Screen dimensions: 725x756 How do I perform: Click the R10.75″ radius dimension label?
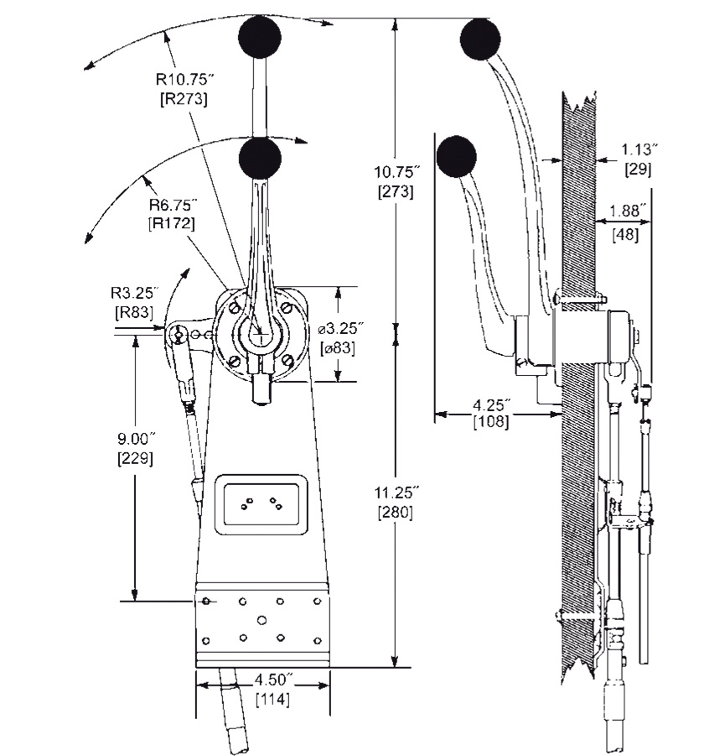point(184,80)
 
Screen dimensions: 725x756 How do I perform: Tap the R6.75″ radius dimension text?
point(173,205)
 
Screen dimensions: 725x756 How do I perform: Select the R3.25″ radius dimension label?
point(135,293)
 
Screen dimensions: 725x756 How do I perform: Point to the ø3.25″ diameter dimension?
point(340,329)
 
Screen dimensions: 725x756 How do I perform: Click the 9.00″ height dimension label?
point(137,439)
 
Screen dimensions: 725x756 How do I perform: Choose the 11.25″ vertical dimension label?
point(396,493)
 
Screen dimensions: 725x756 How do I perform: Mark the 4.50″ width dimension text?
point(273,680)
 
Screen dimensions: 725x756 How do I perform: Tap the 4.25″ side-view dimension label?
point(491,404)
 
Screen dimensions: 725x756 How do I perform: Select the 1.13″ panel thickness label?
point(639,149)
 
